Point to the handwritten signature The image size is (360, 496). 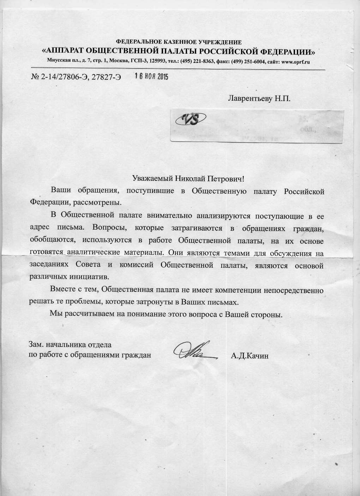pyautogui.click(x=194, y=351)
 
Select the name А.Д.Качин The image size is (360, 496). pyautogui.click(x=250, y=356)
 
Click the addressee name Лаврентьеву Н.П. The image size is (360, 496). pyautogui.click(x=259, y=98)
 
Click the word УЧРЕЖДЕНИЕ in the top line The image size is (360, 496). pyautogui.click(x=220, y=42)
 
